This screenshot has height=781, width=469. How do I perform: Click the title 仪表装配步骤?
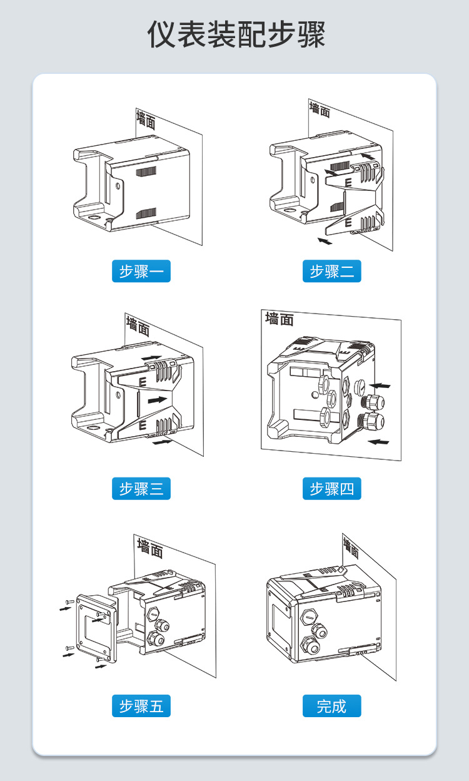pos(236,34)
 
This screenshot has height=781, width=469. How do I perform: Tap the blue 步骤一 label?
pos(141,271)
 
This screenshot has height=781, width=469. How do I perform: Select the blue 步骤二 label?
pos(331,271)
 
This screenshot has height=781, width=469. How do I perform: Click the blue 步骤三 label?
pos(141,488)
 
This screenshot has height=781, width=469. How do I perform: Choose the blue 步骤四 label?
pos(331,488)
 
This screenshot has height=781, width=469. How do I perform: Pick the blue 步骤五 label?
pos(141,706)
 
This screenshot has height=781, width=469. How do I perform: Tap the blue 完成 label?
pos(331,706)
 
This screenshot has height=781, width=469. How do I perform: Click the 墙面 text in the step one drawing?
pos(146,120)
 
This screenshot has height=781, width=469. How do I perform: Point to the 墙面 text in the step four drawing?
pos(279,319)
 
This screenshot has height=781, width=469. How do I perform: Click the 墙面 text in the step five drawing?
pos(150,548)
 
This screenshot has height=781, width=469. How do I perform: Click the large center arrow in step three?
pos(158,399)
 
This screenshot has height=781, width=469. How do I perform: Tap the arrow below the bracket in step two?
pos(325,240)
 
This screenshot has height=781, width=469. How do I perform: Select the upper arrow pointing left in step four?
pos(379,385)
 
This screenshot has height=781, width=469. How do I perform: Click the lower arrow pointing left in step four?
pos(378,442)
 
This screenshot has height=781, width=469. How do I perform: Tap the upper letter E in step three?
pos(143,380)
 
